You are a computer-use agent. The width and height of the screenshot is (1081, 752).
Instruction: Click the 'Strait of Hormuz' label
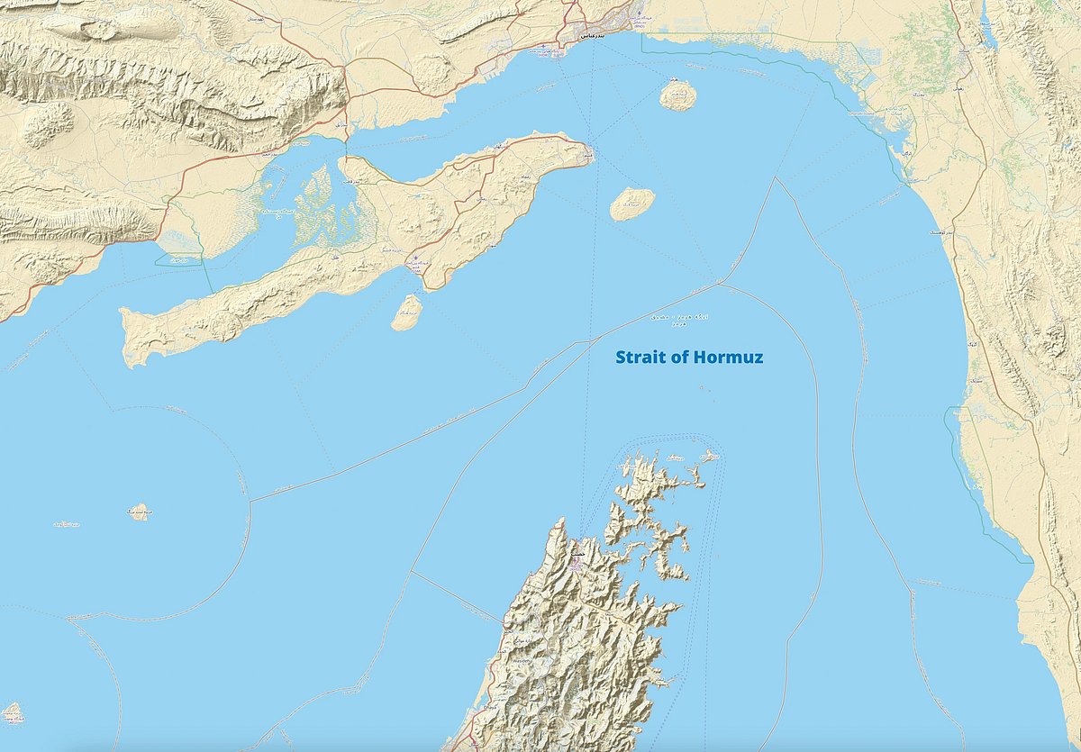coord(689,358)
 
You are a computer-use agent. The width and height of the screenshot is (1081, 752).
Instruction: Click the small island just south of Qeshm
coord(407,312)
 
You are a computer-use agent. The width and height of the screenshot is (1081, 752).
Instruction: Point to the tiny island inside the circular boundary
coord(138,512)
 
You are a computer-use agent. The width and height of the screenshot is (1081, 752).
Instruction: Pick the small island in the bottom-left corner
coord(12,713)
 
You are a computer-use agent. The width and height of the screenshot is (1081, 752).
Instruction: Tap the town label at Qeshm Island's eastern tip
coord(586,154)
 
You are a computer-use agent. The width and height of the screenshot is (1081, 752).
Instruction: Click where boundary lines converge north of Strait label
coord(719,283)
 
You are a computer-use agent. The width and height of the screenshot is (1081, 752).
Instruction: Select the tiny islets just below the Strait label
coord(704,390)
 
